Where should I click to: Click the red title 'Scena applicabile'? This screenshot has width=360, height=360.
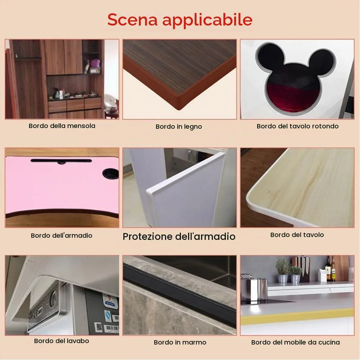point(180,20)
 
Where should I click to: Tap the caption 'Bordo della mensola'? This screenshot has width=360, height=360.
point(62,126)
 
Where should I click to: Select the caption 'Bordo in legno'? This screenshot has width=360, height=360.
point(179,127)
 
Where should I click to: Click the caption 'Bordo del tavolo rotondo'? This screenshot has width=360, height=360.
point(297,126)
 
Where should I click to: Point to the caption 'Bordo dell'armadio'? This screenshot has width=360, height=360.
point(61,235)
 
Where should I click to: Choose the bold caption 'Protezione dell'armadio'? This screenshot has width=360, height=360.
point(179,237)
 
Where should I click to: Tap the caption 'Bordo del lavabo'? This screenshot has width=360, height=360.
point(61,341)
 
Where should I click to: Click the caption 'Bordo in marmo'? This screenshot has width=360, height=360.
point(180,342)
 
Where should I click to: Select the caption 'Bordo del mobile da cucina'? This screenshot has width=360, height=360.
point(296,342)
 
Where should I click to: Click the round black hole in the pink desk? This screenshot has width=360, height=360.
point(110,173)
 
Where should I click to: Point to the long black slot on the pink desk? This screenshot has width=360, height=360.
point(61,161)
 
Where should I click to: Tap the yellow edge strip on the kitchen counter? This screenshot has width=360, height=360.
point(297,316)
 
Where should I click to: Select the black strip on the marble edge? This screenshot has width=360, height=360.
point(179,295)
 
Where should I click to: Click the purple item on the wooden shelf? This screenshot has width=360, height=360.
point(95,63)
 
